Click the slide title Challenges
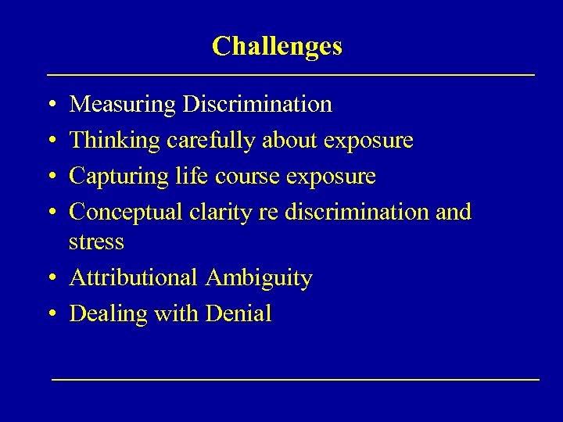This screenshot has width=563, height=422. click(x=277, y=46)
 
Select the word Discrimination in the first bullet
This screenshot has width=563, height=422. click(x=257, y=104)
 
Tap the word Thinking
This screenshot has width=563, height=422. click(x=115, y=141)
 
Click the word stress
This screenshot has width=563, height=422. click(x=96, y=242)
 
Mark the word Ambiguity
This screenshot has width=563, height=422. click(x=259, y=278)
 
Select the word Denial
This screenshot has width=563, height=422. click(x=238, y=314)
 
